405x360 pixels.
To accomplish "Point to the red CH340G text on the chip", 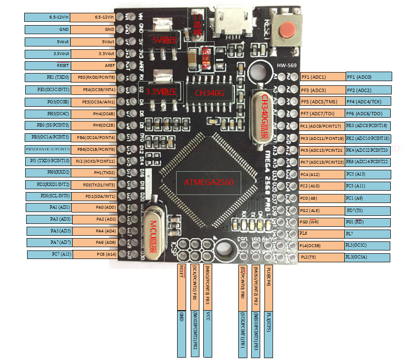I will pyautogui.click(x=209, y=92).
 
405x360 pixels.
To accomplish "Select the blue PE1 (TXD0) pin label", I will pyautogui.click(x=47, y=77).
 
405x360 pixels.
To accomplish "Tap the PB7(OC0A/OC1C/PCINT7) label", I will pyautogui.click(x=47, y=149).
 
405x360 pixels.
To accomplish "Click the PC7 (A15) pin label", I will pyautogui.click(x=47, y=255).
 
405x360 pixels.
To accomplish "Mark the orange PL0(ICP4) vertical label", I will pyautogui.click(x=269, y=287).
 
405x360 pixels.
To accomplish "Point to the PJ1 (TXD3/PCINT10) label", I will pyautogui.click(x=47, y=161).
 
